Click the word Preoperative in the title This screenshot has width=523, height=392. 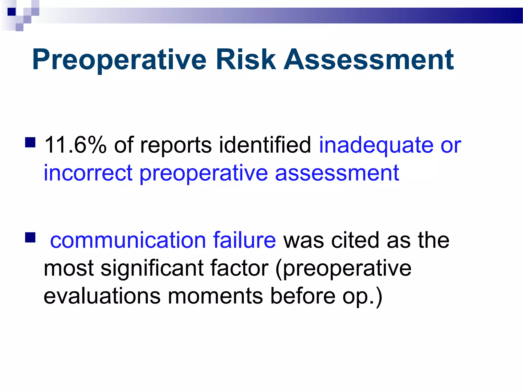119,60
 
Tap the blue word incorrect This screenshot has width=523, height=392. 88,173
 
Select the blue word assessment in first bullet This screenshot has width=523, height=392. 337,173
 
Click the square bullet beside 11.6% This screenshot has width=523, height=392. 30,142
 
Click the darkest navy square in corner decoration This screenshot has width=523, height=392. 12,12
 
